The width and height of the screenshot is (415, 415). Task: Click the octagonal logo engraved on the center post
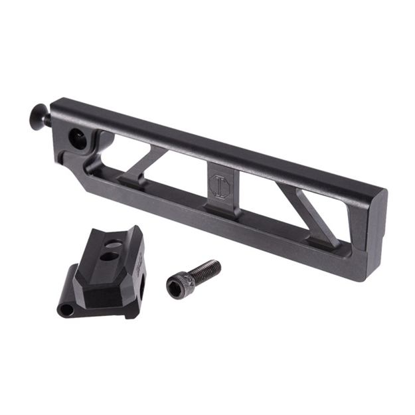tap(219, 185)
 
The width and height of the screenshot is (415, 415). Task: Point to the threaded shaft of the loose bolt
tap(205, 270)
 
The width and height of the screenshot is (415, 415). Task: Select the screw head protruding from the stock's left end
tap(41, 119)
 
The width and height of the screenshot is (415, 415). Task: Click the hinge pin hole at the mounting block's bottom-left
tap(64, 309)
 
